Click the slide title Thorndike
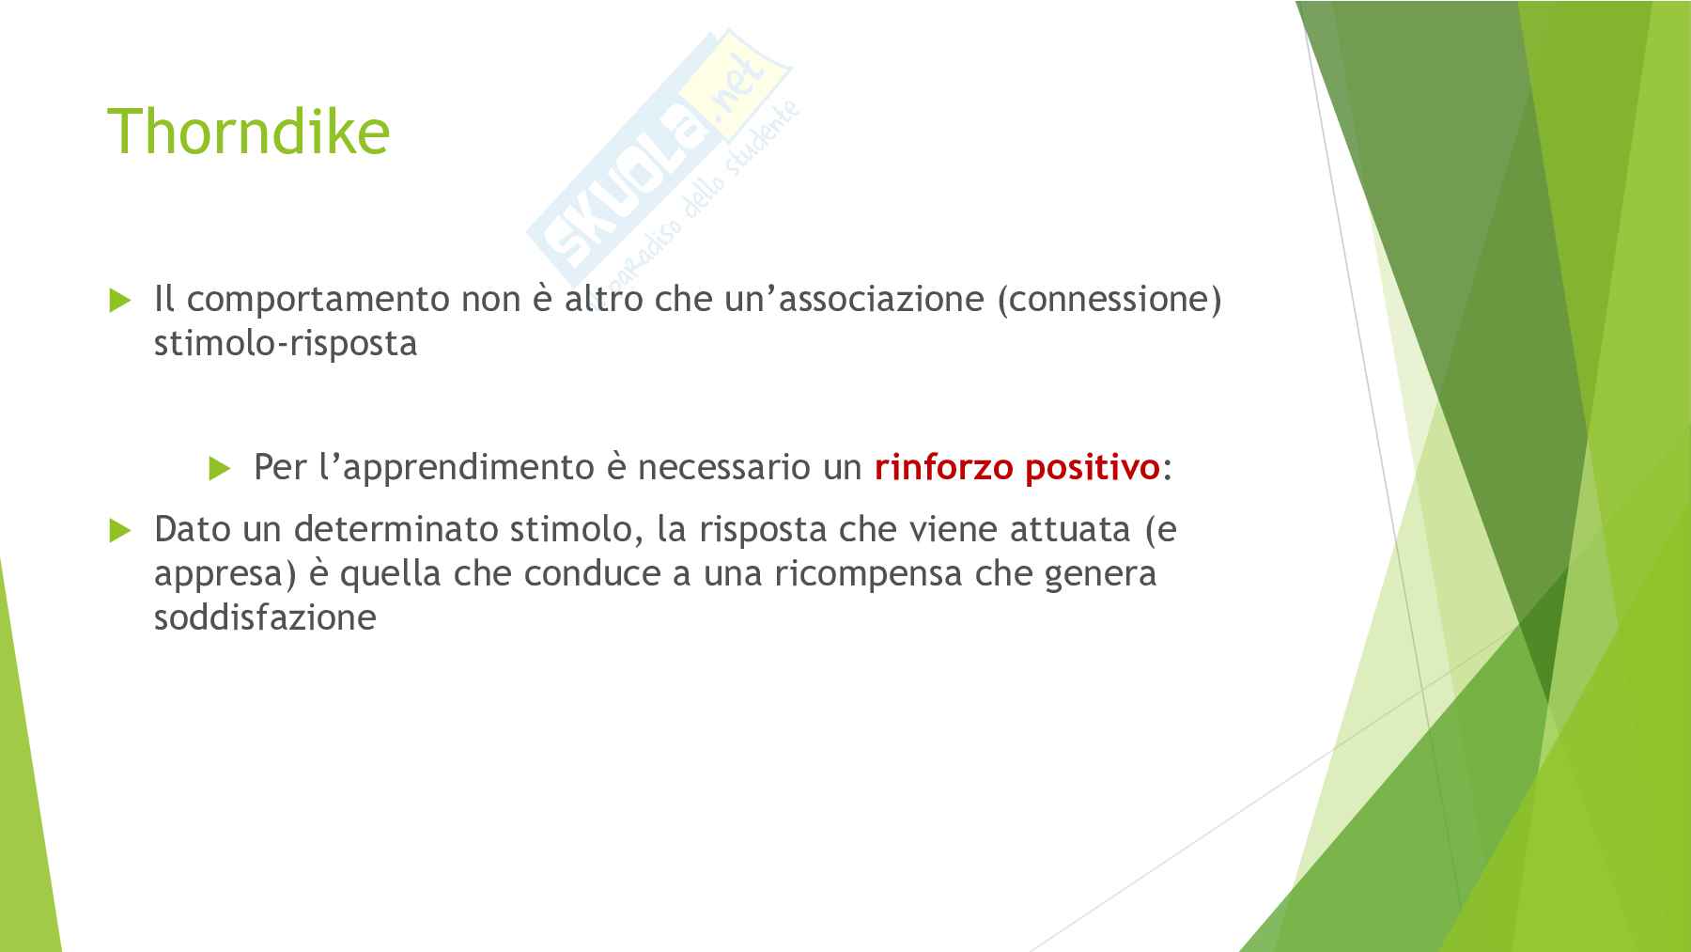pos(249,131)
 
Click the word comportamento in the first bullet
pos(318,300)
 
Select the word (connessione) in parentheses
pos(1109,300)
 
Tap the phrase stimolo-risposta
pos(286,344)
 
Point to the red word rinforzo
pos(944,467)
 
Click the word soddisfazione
pos(265,617)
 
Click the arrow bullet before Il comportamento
pos(120,301)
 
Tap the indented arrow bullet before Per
pos(220,468)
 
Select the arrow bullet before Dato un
pos(120,531)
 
